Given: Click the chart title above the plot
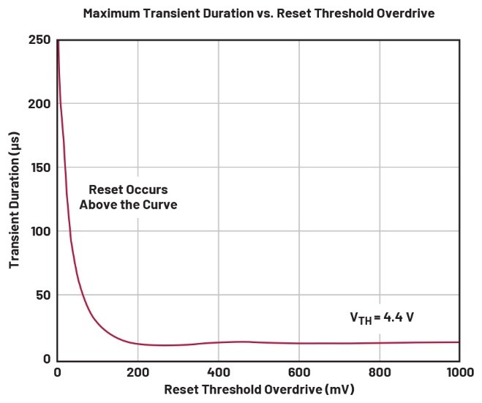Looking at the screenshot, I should tap(240, 13).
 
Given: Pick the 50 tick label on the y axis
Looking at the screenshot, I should tap(42, 295).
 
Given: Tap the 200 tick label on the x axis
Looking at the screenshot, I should tap(138, 372).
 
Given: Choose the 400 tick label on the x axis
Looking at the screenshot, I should tap(218, 372).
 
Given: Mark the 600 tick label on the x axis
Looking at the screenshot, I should tap(298, 372).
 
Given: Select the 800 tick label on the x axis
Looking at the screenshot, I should tap(379, 372).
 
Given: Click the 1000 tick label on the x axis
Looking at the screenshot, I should tap(458, 372).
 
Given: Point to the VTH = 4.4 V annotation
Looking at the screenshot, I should tap(383, 318).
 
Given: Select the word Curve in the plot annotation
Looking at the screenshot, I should tap(160, 205).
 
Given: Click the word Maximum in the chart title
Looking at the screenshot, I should tap(112, 13).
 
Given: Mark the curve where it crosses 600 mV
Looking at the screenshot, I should tap(298, 343).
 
